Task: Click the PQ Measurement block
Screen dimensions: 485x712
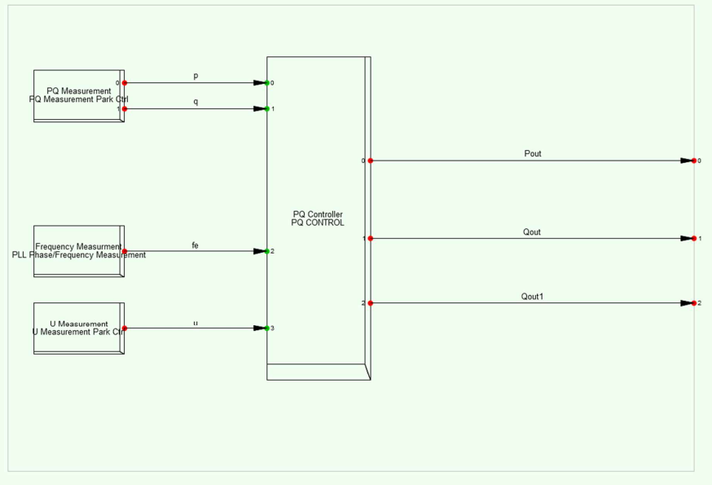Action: point(78,95)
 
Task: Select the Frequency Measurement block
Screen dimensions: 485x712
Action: point(78,251)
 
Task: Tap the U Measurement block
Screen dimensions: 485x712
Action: point(78,328)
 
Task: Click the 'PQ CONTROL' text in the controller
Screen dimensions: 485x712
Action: point(318,223)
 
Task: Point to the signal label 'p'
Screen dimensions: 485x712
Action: point(196,76)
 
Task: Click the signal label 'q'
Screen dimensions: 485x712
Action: point(196,102)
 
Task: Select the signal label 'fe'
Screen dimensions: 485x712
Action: point(196,245)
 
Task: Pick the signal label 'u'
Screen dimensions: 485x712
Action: point(196,323)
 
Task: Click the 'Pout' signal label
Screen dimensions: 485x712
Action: point(533,153)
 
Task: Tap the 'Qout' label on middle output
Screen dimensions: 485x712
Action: point(532,232)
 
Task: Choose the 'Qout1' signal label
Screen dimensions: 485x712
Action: point(532,297)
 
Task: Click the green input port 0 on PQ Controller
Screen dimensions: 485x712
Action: point(267,83)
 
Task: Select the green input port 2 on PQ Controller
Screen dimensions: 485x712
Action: point(267,251)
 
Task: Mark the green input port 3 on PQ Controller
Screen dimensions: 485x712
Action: point(267,328)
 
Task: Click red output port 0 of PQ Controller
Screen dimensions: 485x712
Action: point(371,161)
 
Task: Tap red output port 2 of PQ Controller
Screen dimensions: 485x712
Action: point(371,303)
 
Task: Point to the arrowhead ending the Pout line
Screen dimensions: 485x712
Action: point(686,161)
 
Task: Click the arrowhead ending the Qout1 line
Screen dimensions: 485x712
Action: point(686,303)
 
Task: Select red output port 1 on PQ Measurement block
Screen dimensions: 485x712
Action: point(125,108)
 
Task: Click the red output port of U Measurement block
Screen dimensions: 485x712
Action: point(125,328)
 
